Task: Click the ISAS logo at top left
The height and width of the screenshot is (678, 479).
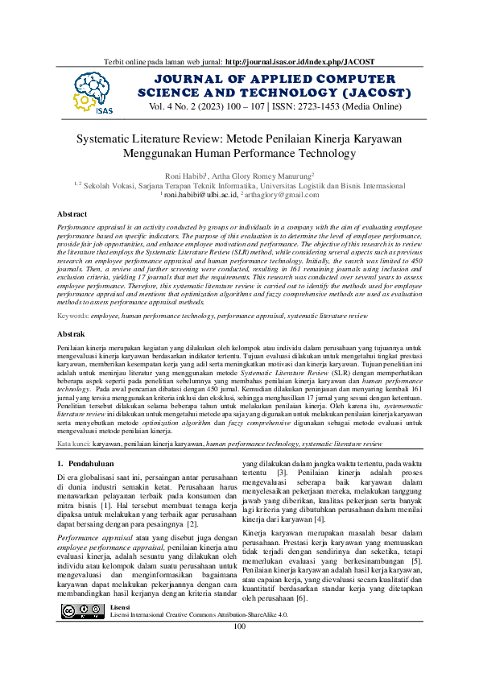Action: [93, 91]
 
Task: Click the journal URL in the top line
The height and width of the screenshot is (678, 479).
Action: [301, 61]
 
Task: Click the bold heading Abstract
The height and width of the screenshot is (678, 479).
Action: [72, 214]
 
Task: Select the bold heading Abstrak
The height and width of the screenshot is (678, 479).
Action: [72, 333]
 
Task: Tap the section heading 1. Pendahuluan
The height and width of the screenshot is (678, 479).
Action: [89, 465]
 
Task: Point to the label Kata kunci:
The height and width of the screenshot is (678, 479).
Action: [73, 444]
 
